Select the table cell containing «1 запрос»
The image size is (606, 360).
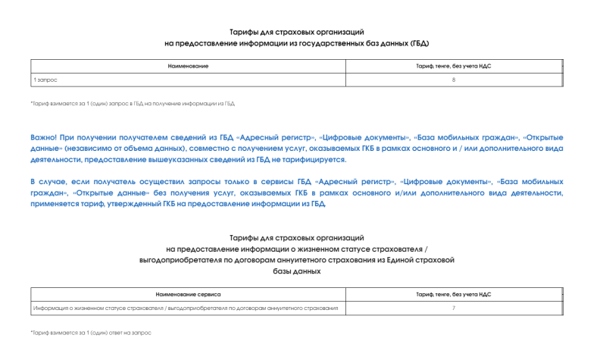click(45, 80)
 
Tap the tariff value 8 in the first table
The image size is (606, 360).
click(454, 80)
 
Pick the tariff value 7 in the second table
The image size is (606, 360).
click(454, 308)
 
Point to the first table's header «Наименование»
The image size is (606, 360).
click(188, 67)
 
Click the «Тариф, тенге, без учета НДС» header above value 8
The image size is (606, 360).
click(454, 67)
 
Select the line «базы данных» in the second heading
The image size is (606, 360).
click(297, 271)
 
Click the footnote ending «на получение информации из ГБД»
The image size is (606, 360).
click(133, 103)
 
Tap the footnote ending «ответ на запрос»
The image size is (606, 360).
click(91, 333)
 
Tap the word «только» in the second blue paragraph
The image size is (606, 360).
click(224, 182)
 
